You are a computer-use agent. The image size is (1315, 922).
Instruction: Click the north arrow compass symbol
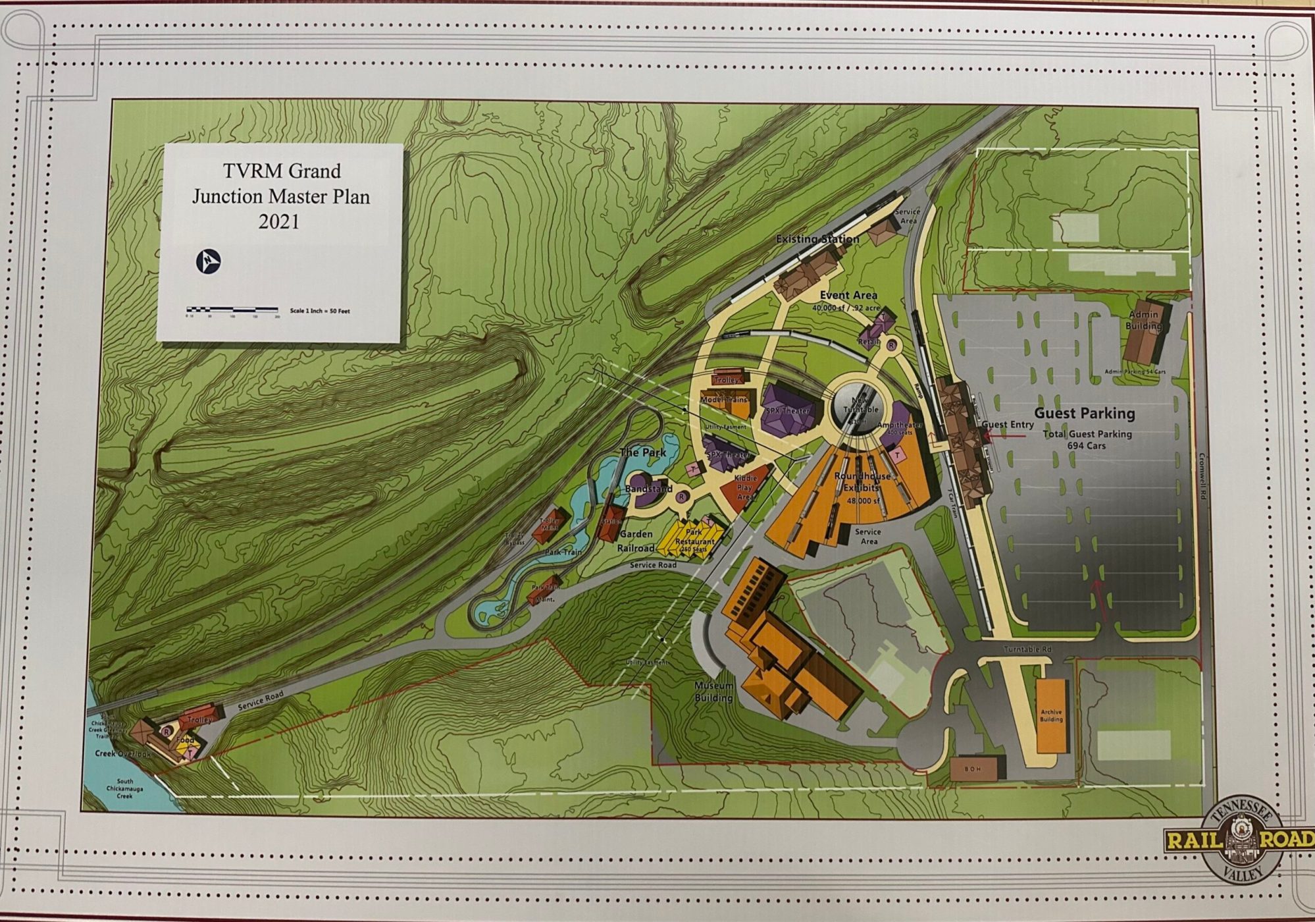pos(209,261)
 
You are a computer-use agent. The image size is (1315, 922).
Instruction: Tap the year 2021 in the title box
pos(279,222)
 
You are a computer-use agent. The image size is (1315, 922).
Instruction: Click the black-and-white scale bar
pos(232,309)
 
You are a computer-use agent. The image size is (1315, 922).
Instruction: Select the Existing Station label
pos(817,239)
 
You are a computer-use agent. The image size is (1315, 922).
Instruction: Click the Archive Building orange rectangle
pos(1050,715)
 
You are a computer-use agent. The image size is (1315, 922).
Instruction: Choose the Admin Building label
pos(1143,320)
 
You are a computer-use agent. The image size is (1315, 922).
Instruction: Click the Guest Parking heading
pos(1085,414)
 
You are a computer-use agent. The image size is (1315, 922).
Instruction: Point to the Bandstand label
pos(648,489)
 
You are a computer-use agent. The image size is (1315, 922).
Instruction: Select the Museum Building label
pos(713,691)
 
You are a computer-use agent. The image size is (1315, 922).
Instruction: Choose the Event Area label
pos(848,295)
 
